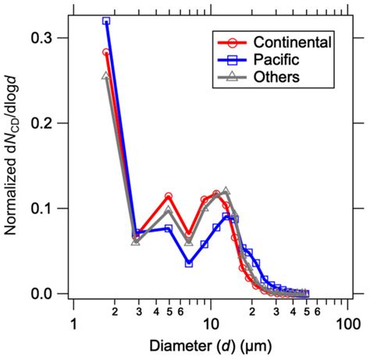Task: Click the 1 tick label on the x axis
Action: pyautogui.click(x=73, y=323)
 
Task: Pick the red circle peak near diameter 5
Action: pyautogui.click(x=169, y=197)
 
